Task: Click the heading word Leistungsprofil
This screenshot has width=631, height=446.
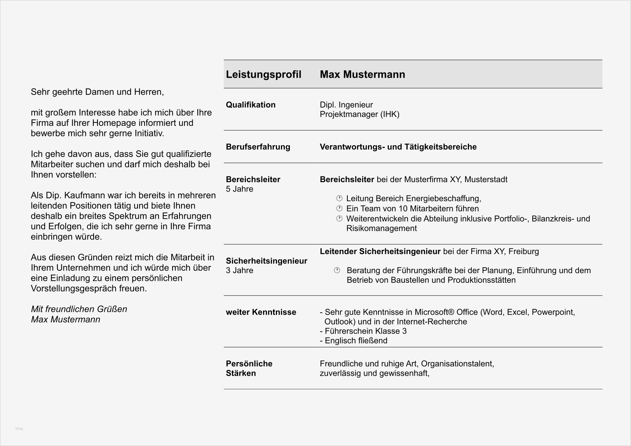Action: pyautogui.click(x=263, y=75)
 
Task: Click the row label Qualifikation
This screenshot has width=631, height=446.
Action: pyautogui.click(x=251, y=105)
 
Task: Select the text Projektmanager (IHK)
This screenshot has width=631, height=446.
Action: pyautogui.click(x=359, y=115)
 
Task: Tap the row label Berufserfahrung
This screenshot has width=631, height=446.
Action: pyautogui.click(x=258, y=147)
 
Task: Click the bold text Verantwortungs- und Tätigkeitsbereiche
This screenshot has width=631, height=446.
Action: pyautogui.click(x=398, y=147)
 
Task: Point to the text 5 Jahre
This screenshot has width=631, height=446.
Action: pyautogui.click(x=239, y=189)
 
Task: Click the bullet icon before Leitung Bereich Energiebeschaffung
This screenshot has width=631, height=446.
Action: pyautogui.click(x=339, y=198)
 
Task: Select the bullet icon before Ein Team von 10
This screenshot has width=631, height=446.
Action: pyautogui.click(x=339, y=208)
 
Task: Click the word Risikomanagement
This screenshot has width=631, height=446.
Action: pyautogui.click(x=381, y=228)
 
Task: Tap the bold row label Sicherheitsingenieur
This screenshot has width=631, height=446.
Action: pyautogui.click(x=267, y=261)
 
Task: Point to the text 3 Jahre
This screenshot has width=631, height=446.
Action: pyautogui.click(x=239, y=271)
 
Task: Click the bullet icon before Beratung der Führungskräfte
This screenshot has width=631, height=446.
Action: pyautogui.click(x=337, y=270)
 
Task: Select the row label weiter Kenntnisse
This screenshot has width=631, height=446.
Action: pyautogui.click(x=261, y=312)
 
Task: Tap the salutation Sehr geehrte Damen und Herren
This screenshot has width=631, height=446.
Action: pyautogui.click(x=97, y=92)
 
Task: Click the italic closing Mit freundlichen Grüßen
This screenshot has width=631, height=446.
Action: pyautogui.click(x=79, y=309)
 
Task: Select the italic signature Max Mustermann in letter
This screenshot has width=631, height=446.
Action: pyautogui.click(x=65, y=320)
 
